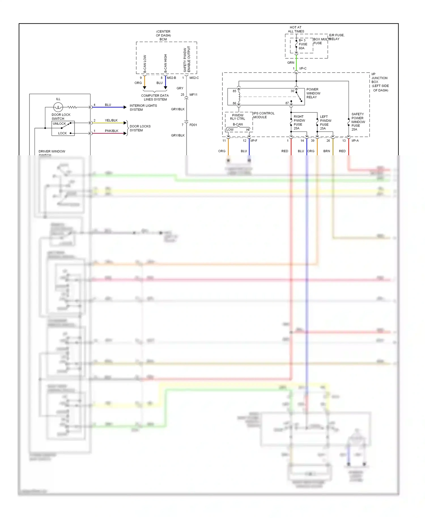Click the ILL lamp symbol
(58, 107)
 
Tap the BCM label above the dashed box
(163, 39)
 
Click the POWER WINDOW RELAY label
(313, 93)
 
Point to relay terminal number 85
(234, 91)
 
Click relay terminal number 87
(287, 103)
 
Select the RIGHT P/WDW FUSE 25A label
(299, 122)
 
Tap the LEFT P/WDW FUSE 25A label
(325, 122)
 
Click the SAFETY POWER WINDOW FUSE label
(358, 122)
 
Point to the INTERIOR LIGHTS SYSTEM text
(143, 107)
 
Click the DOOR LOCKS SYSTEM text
(140, 128)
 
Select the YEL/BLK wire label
(111, 120)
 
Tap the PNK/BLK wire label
(111, 131)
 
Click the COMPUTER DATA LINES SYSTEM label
(155, 97)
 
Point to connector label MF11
(194, 95)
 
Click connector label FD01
(193, 125)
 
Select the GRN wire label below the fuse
(291, 63)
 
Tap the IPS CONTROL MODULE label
(263, 115)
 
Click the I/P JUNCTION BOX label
(380, 82)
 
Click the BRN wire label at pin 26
(326, 151)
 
